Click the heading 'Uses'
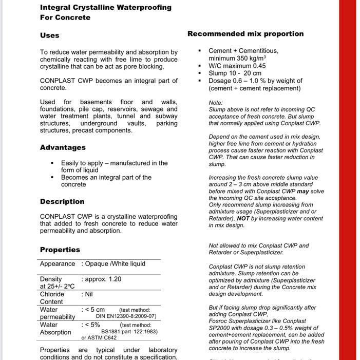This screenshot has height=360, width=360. coord(50,35)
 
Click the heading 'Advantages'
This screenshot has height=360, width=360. coord(63,147)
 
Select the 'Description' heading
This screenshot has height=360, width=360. coord(62,201)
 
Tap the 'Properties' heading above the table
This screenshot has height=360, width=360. coord(60,250)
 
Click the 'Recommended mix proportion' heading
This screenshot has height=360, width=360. coord(245,34)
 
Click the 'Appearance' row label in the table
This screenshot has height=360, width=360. coord(58,264)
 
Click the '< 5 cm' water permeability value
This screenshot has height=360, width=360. coord(94,310)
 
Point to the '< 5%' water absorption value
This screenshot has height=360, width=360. coord(92,325)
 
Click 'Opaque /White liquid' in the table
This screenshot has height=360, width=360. coord(115,264)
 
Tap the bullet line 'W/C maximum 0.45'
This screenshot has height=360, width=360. coord(237,66)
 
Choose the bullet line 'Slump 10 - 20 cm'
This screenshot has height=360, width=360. coord(235,73)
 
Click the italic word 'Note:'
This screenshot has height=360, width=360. coord(216,103)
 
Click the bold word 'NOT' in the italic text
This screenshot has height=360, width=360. coord(243,218)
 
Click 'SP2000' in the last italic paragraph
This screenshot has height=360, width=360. coord(219,328)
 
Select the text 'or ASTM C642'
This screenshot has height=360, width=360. coord(99,338)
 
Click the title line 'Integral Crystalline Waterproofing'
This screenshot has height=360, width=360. coord(106,8)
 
